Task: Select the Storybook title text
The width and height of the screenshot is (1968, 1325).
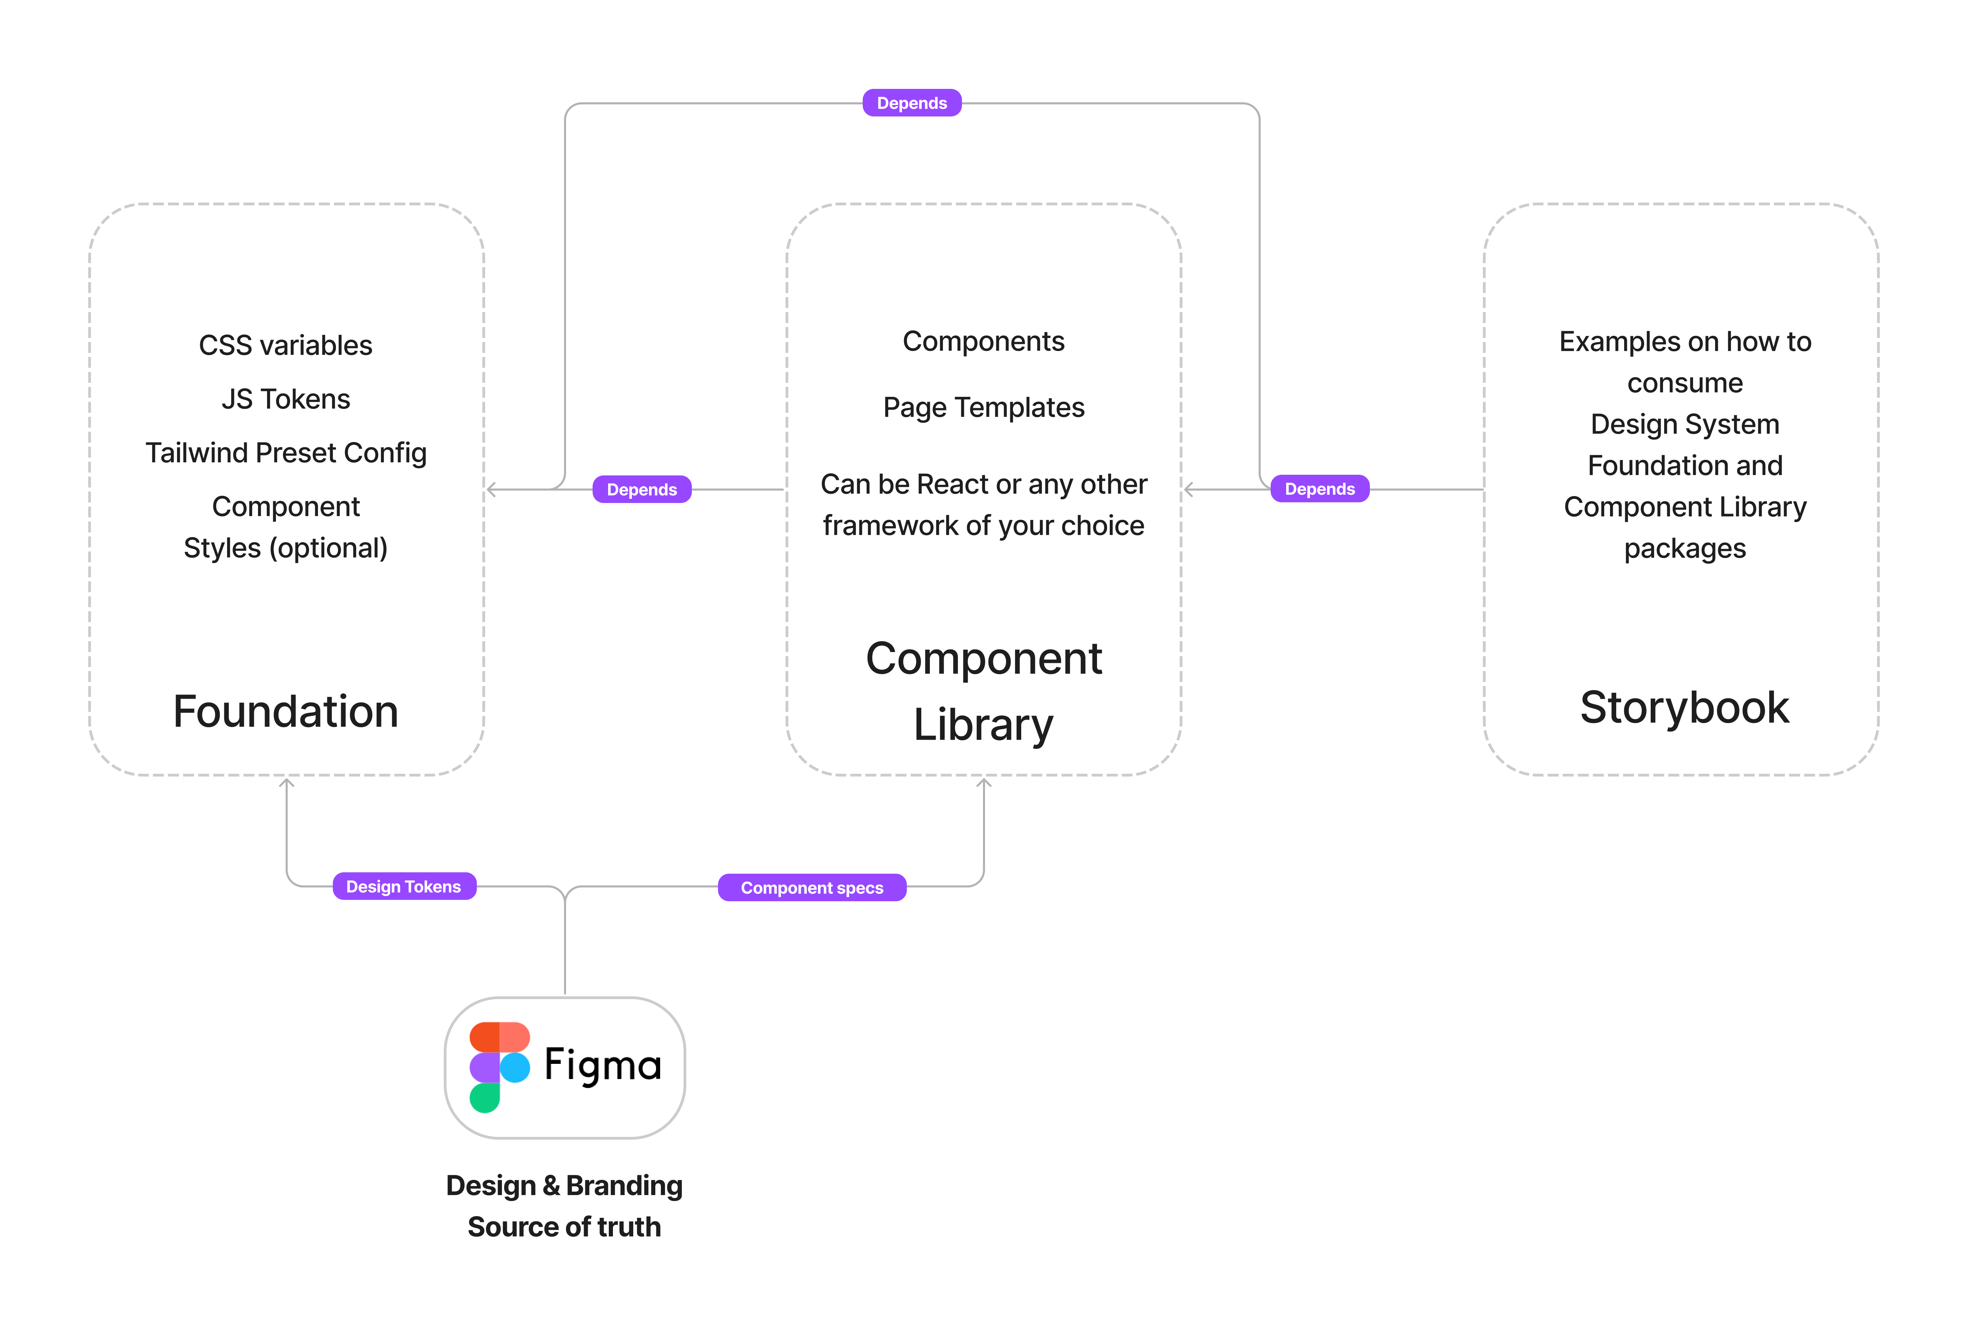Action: [1684, 707]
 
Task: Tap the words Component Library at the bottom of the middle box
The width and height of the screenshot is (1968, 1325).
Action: [984, 691]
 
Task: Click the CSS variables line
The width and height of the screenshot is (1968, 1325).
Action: [286, 346]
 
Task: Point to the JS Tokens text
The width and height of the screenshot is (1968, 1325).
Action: [286, 399]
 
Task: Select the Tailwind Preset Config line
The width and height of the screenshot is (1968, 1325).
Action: [286, 453]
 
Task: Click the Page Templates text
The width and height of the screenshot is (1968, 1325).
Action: [984, 407]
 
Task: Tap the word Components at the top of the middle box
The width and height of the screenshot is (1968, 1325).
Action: [984, 341]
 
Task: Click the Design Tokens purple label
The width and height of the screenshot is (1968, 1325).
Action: [404, 886]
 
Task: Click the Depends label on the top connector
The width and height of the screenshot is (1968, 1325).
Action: [912, 103]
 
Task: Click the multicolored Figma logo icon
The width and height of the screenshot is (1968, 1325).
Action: [499, 1067]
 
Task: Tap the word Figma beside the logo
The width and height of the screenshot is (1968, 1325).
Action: [603, 1065]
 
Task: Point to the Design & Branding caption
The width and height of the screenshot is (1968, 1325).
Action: [564, 1185]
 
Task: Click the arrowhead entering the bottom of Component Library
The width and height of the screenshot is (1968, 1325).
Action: [984, 783]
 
